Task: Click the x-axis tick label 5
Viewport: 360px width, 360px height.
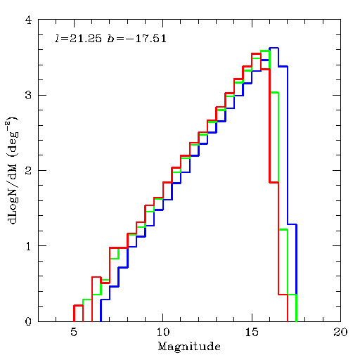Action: click(x=74, y=332)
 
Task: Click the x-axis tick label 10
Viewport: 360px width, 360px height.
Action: click(x=163, y=332)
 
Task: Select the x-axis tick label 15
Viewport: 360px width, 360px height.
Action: click(x=252, y=332)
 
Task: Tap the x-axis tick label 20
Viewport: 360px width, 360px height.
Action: click(x=340, y=332)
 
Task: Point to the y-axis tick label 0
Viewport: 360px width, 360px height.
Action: click(x=28, y=321)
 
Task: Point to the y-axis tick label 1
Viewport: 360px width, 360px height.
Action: click(x=29, y=246)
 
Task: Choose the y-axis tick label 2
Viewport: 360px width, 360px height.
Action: click(x=28, y=170)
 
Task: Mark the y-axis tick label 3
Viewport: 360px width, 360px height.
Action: click(x=28, y=95)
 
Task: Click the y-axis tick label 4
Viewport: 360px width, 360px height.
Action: click(x=28, y=20)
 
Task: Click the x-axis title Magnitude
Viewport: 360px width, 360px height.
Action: click(x=189, y=347)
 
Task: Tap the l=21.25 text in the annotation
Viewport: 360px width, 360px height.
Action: click(x=78, y=39)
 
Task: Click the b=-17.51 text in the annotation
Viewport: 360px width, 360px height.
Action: click(x=137, y=39)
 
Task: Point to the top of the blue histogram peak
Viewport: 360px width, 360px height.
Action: click(x=274, y=48)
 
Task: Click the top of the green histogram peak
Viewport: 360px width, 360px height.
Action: click(x=265, y=51)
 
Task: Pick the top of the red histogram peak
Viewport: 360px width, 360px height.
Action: click(x=257, y=53)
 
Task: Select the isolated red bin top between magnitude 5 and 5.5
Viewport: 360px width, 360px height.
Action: click(x=78, y=305)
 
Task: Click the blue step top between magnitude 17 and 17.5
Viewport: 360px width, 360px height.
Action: click(x=292, y=224)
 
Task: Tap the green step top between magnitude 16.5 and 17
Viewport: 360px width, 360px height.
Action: click(x=283, y=229)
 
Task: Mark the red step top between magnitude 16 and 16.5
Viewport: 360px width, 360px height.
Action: click(x=274, y=182)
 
